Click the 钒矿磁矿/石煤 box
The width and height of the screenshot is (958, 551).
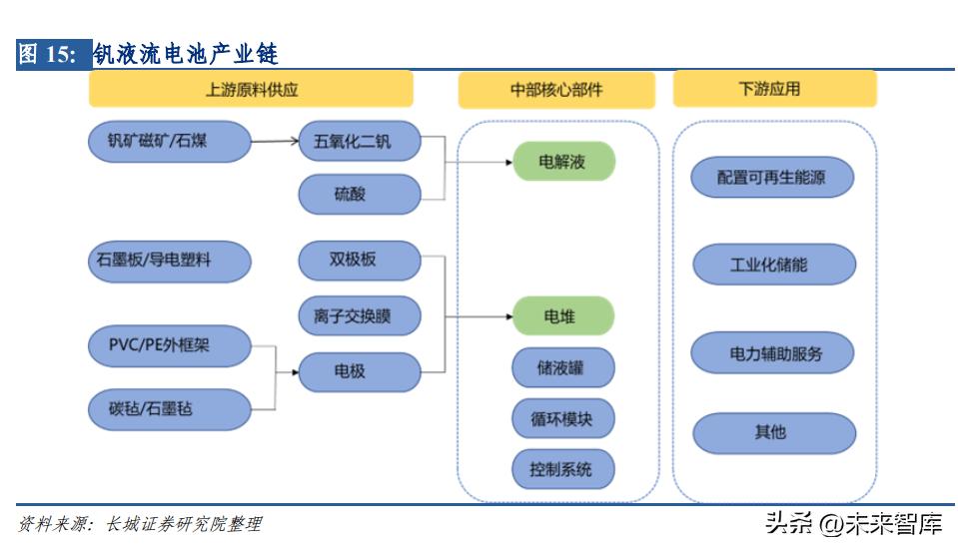click(167, 141)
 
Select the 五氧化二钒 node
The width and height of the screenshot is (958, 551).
click(360, 143)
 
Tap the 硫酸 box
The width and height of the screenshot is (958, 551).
click(360, 194)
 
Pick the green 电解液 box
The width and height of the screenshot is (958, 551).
click(562, 162)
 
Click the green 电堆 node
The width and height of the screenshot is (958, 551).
click(562, 316)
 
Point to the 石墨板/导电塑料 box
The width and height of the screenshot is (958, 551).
click(167, 262)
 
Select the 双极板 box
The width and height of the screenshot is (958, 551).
click(360, 260)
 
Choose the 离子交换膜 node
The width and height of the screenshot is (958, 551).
click(360, 316)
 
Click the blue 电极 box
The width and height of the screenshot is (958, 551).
click(360, 371)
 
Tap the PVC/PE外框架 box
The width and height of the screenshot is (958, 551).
click(167, 346)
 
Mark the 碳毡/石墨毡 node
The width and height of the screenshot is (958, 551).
click(167, 408)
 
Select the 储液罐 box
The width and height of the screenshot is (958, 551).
click(562, 367)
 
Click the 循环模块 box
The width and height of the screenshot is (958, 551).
click(562, 419)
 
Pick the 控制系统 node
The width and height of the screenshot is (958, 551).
click(562, 468)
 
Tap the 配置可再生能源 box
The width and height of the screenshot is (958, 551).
click(772, 179)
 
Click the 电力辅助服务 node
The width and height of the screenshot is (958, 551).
click(772, 353)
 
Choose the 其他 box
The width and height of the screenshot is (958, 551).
click(772, 433)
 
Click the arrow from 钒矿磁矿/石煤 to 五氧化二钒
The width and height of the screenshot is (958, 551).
click(274, 142)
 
